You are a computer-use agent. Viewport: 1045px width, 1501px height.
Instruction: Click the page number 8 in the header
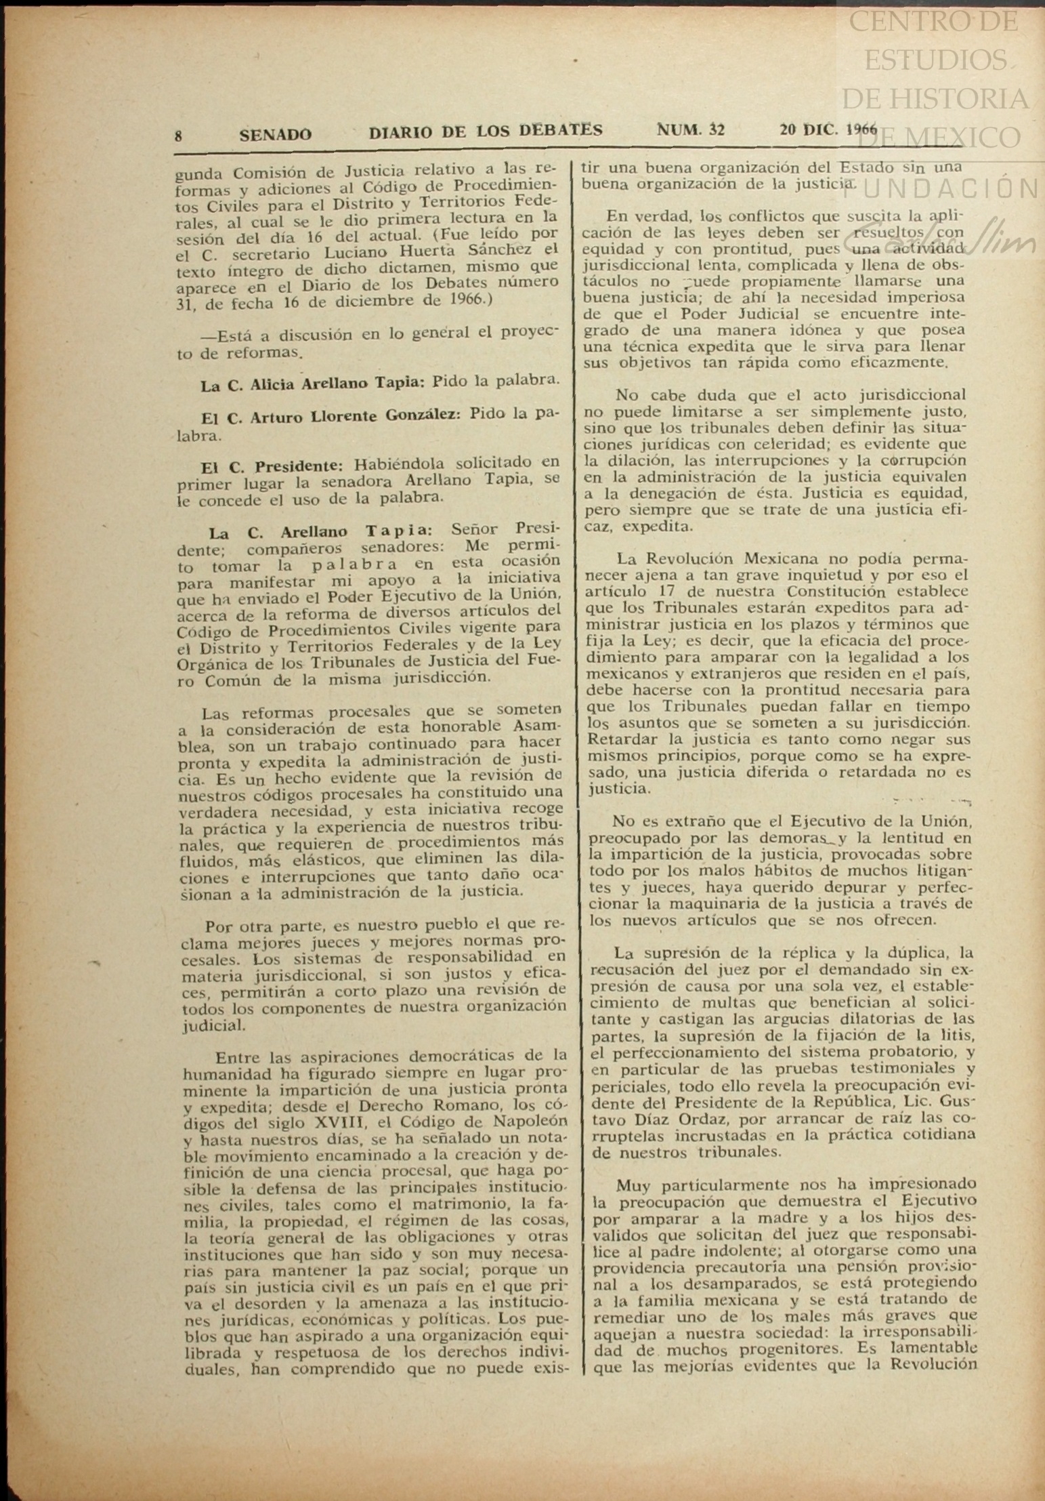(178, 136)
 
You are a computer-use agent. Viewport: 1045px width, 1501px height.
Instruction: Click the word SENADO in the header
(276, 134)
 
